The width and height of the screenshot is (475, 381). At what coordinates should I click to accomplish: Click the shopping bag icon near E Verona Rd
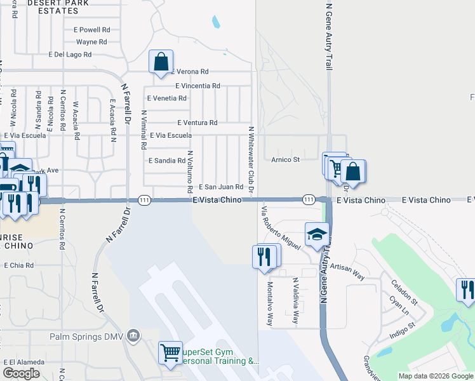click(161, 62)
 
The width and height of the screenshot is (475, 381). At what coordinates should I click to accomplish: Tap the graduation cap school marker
click(316, 234)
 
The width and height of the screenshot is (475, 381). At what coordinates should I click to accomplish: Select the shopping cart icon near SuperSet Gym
click(170, 352)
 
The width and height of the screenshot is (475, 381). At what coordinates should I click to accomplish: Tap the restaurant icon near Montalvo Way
click(265, 257)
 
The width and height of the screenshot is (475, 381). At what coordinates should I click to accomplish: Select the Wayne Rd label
click(91, 42)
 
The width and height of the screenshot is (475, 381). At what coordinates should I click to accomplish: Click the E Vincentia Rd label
click(197, 86)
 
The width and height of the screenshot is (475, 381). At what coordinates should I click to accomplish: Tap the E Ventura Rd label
click(197, 123)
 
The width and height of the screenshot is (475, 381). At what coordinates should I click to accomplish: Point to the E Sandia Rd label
click(166, 161)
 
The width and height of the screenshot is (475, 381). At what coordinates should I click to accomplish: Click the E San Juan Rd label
click(221, 187)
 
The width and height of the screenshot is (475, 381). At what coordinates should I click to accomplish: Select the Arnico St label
click(285, 159)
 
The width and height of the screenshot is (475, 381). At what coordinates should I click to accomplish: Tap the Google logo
click(21, 373)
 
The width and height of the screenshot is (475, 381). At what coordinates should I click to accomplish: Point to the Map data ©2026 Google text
click(435, 376)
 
